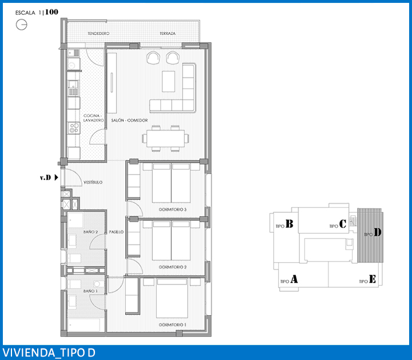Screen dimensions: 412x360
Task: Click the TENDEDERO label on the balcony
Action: click(x=98, y=33)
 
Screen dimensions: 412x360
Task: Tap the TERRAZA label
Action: click(x=167, y=33)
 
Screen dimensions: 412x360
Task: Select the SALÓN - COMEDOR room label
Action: click(x=129, y=120)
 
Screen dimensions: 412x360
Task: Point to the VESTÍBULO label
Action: click(x=93, y=182)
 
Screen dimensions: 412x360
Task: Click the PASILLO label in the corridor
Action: click(x=116, y=232)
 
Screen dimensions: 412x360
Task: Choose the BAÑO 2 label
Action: click(x=90, y=232)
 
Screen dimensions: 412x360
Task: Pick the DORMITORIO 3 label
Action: click(x=173, y=209)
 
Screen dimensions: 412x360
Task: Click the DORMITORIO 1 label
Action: click(x=172, y=325)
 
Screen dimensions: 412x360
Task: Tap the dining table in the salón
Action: click(x=165, y=139)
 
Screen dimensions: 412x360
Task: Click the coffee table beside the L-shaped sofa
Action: click(x=168, y=81)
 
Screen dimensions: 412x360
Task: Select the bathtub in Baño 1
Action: click(x=84, y=325)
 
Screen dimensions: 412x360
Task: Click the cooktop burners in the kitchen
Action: click(x=74, y=128)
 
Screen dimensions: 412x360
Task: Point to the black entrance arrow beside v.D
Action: click(x=56, y=177)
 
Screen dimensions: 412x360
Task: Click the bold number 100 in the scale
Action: click(x=51, y=12)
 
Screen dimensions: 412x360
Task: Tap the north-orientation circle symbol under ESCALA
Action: click(x=22, y=25)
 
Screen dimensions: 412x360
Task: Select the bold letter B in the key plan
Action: click(x=290, y=224)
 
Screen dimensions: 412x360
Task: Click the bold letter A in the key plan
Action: click(x=294, y=279)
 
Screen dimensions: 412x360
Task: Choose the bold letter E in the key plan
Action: click(x=373, y=279)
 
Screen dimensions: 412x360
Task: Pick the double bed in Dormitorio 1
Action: click(x=172, y=299)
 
